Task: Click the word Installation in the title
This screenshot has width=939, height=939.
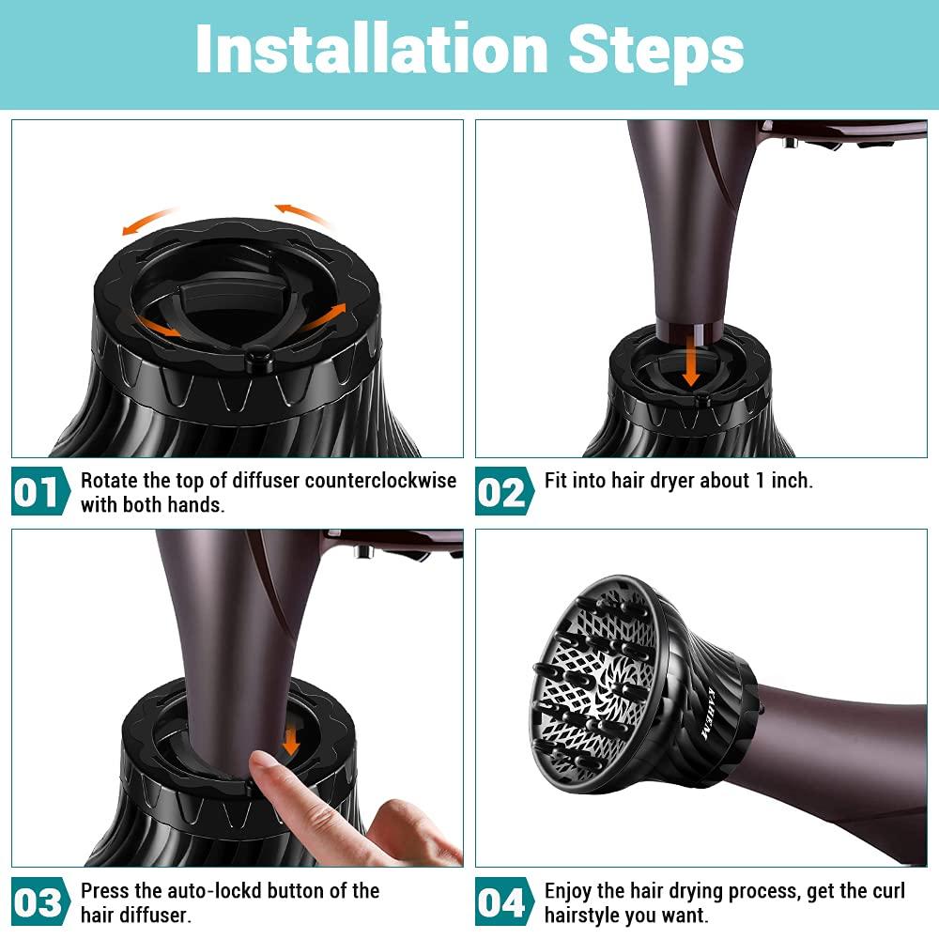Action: tap(371, 51)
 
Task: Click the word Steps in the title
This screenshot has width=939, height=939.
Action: tap(655, 54)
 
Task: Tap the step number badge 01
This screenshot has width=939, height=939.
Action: tap(40, 491)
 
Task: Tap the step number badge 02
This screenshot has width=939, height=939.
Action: tap(504, 491)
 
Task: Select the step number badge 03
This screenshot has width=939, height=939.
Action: tap(40, 901)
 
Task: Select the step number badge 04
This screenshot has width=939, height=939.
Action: tap(504, 901)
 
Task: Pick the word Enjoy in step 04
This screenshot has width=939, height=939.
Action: tap(570, 892)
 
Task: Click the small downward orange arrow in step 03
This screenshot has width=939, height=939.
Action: tap(291, 742)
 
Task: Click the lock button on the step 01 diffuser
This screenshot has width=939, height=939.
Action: tap(260, 358)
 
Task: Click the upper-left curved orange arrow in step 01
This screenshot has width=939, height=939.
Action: tap(146, 220)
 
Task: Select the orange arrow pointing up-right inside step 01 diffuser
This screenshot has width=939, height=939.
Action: tap(324, 317)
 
